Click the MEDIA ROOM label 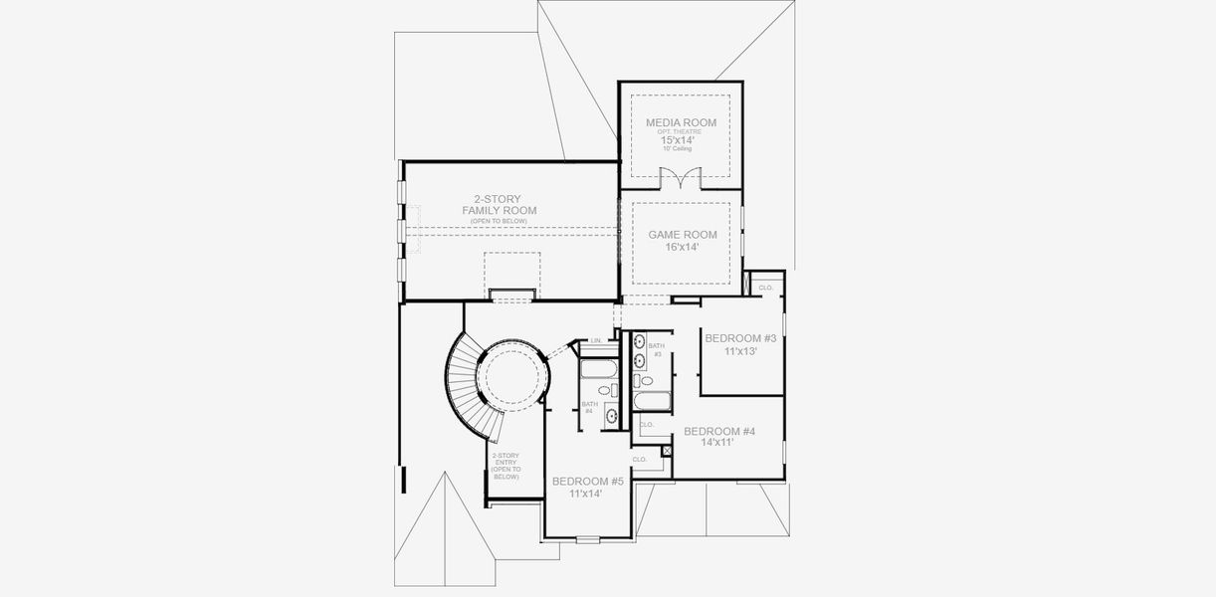(x=681, y=122)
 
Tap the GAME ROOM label (x=683, y=235)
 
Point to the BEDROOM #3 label (x=740, y=338)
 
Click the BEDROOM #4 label (x=718, y=431)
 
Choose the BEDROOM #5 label (x=587, y=481)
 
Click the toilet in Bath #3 (x=647, y=380)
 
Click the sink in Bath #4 (x=609, y=416)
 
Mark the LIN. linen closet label (x=596, y=341)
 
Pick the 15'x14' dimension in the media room (x=678, y=141)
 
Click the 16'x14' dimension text (x=683, y=247)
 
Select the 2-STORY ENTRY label (x=506, y=466)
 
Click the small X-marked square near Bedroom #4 (x=667, y=451)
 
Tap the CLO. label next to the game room (x=765, y=288)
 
